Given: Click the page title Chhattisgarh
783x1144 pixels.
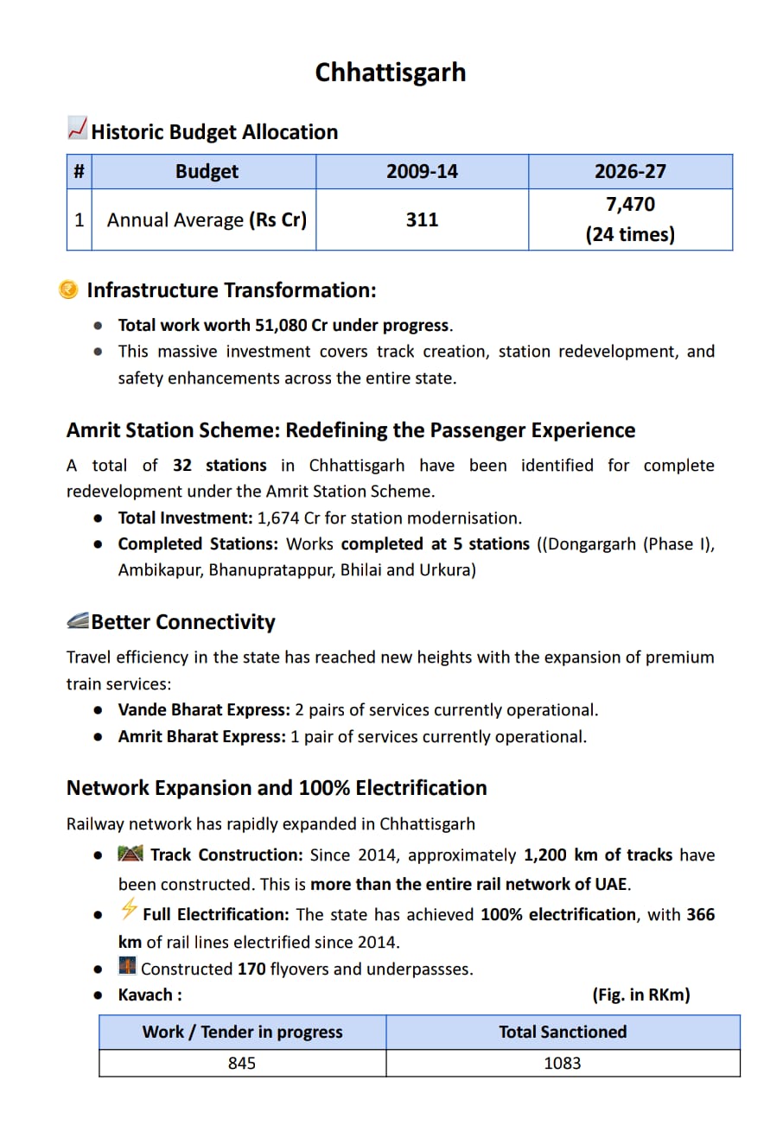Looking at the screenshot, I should pos(391,72).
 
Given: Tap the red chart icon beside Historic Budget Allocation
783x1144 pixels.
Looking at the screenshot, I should pos(77,129).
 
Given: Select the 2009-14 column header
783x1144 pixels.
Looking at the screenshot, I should pos(422,171).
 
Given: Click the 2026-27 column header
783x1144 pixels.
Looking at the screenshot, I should pos(630,171).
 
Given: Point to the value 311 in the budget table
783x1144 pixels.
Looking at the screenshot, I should pos(422,219).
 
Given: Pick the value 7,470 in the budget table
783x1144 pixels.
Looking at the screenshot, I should pos(630,205).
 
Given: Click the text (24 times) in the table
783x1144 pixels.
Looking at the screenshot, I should pos(630,234).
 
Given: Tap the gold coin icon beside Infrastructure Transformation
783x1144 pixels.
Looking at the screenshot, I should pos(68,289).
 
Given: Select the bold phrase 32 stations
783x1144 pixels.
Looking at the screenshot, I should pos(220,466).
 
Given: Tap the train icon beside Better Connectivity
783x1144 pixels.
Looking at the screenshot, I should pos(78,621).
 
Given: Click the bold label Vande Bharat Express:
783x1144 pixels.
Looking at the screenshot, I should pos(204,710).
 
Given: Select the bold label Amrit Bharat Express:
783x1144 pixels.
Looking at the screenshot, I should pos(201,737).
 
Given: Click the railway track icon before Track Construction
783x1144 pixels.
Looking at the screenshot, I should pos(130,854).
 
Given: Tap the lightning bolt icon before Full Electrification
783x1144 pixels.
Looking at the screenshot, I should pos(129,909).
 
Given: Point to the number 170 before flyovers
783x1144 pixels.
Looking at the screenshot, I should pos(251,969).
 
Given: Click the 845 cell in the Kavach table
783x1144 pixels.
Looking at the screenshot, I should pos(242,1064).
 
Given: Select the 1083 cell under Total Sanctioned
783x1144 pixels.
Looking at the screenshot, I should pos(563,1064).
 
